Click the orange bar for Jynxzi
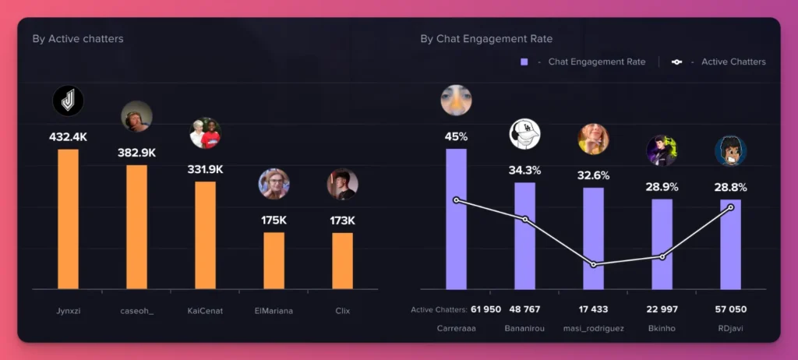(68, 219)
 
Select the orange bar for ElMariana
(274, 260)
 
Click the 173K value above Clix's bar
(342, 221)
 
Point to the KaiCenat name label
(205, 311)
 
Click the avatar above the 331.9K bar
(206, 133)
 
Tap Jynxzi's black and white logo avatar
(68, 101)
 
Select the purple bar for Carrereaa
(456, 219)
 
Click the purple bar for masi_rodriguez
(593, 238)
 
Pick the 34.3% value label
(524, 170)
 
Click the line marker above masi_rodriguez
(594, 265)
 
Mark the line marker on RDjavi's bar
(731, 206)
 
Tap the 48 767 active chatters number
(524, 309)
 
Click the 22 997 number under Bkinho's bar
(662, 309)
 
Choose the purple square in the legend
(524, 62)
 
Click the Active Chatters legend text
(733, 62)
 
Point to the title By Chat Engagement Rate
(486, 38)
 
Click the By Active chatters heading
(78, 38)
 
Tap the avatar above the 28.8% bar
(731, 151)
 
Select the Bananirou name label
(524, 328)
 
